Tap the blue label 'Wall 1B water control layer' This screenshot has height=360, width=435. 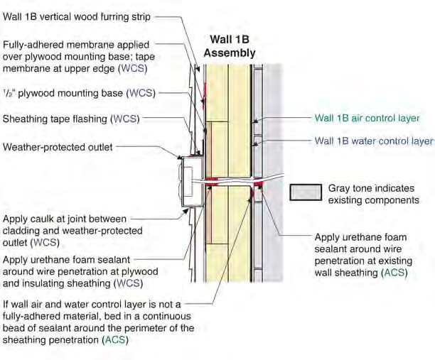coord(374,141)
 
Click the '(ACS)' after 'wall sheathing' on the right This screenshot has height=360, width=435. coord(394,273)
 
